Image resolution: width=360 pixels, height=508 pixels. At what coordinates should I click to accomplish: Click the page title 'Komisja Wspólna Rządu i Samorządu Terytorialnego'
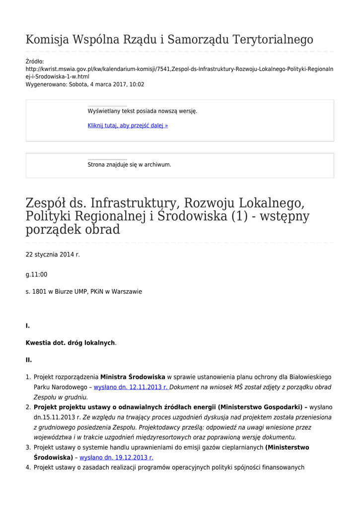pyautogui.click(x=169, y=40)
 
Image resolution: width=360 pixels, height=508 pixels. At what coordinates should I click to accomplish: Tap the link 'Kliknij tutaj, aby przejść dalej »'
pyautogui.click(x=128, y=126)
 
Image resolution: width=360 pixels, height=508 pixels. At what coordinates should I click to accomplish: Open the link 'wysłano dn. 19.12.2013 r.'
pyautogui.click(x=116, y=457)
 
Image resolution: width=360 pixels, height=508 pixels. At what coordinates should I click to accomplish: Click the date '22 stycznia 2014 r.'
pyautogui.click(x=53, y=254)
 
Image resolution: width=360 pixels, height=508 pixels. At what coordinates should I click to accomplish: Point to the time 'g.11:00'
pyautogui.click(x=37, y=274)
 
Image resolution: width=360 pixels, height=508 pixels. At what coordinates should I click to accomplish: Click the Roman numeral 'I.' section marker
pyautogui.click(x=28, y=326)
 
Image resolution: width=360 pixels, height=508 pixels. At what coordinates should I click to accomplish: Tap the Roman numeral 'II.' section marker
pyautogui.click(x=29, y=360)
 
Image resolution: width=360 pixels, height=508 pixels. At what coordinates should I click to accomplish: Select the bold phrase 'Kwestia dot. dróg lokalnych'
pyautogui.click(x=70, y=343)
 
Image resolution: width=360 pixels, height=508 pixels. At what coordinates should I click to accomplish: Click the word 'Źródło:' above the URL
pyautogui.click(x=35, y=62)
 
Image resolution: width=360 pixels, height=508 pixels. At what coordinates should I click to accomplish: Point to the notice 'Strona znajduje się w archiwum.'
pyautogui.click(x=129, y=165)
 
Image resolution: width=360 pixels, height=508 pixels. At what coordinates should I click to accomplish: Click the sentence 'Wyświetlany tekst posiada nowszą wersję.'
pyautogui.click(x=143, y=111)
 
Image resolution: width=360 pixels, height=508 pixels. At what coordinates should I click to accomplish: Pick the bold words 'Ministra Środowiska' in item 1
pyautogui.click(x=133, y=377)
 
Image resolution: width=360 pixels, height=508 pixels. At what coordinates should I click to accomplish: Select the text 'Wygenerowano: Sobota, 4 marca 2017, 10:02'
pyautogui.click(x=85, y=84)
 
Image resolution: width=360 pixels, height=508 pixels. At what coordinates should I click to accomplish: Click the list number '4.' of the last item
pyautogui.click(x=28, y=467)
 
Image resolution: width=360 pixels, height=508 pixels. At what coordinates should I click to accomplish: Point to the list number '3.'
pyautogui.click(x=28, y=447)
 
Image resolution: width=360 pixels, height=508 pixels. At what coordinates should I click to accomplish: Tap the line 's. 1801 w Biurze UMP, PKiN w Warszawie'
pyautogui.click(x=84, y=292)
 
